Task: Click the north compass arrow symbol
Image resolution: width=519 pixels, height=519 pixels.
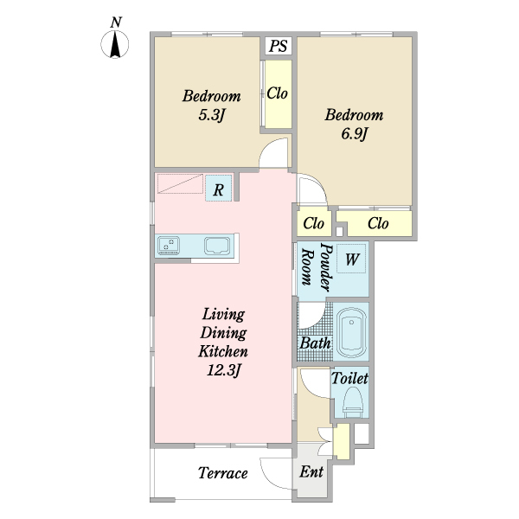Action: coord(115,44)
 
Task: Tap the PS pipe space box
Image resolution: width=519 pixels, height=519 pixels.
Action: coord(279,46)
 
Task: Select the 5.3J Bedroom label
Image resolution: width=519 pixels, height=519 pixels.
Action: coord(212,106)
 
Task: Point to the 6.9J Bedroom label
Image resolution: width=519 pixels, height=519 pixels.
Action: coord(354,124)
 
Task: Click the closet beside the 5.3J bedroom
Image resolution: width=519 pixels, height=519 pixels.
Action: coord(279,94)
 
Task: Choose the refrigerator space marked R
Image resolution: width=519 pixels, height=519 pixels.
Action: coord(219,188)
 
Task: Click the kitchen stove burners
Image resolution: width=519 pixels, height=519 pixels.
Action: coord(169,246)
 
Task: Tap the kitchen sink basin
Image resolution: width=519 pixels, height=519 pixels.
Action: coord(217,246)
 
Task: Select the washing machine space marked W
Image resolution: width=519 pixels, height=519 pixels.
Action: coord(351,259)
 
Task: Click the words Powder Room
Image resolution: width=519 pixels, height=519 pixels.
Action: coord(316,267)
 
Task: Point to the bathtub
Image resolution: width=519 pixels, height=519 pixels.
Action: coord(351,331)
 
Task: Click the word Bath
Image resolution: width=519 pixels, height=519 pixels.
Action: coord(315,343)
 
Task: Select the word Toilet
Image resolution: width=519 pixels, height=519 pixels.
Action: coord(349,378)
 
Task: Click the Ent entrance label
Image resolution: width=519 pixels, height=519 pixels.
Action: coord(311,471)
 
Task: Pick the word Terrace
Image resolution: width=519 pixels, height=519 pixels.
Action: coord(223,473)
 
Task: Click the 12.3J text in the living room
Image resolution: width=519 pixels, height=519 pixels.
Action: coord(223,370)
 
